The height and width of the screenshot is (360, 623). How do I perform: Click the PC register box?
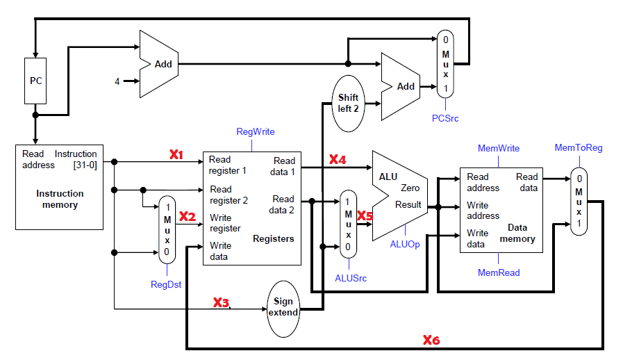coord(35,81)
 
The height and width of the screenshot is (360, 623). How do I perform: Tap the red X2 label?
coord(188,217)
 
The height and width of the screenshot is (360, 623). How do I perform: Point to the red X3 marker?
coord(221,302)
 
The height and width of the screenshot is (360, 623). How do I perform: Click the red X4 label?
coord(338,160)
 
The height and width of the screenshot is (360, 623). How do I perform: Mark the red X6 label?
coord(431,340)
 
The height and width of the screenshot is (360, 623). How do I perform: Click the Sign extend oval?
coord(283,306)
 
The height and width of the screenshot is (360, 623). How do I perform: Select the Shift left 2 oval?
coord(348,104)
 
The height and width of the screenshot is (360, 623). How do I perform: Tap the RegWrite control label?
coord(256,131)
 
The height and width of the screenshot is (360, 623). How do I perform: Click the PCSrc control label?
coord(445,118)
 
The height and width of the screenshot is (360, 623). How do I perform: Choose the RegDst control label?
coord(165,284)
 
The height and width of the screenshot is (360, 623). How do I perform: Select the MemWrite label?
coord(499,148)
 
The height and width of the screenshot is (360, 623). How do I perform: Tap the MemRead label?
coord(499,273)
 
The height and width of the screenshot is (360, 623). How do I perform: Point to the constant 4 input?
coord(117,81)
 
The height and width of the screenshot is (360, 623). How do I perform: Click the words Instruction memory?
coord(60,199)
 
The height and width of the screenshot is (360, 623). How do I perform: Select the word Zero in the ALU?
coord(410,188)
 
